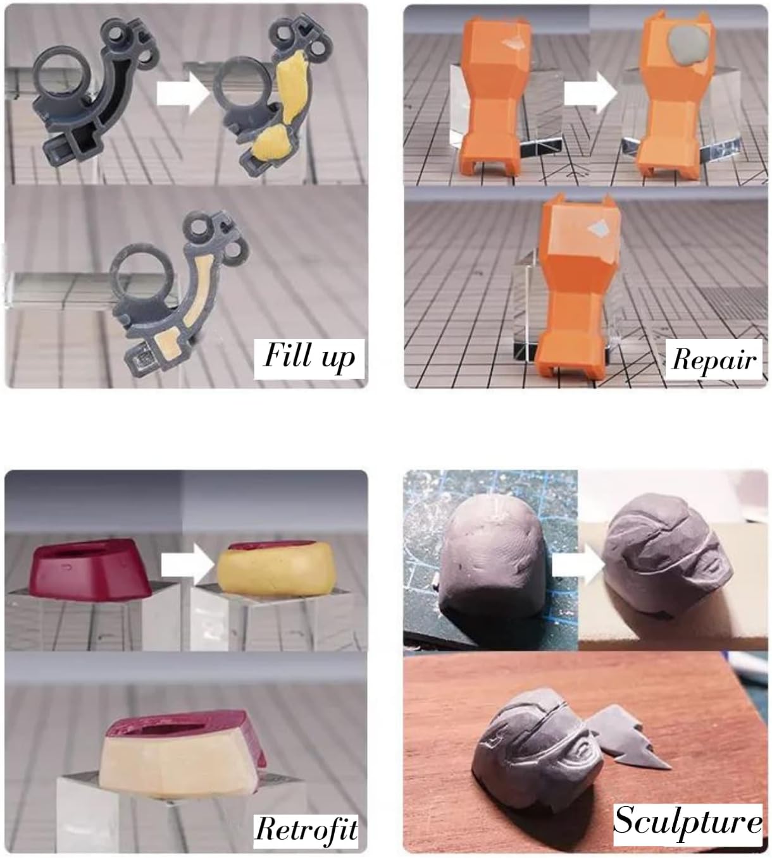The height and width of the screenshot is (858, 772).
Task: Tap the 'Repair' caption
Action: click(x=714, y=359)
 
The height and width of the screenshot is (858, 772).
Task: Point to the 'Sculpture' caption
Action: click(x=688, y=822)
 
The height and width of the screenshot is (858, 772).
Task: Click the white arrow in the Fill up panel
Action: click(x=183, y=93)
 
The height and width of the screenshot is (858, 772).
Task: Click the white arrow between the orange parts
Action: click(x=591, y=93)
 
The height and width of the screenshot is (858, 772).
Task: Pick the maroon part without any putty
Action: click(x=90, y=568)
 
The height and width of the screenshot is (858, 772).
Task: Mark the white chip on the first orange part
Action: click(x=516, y=40)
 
